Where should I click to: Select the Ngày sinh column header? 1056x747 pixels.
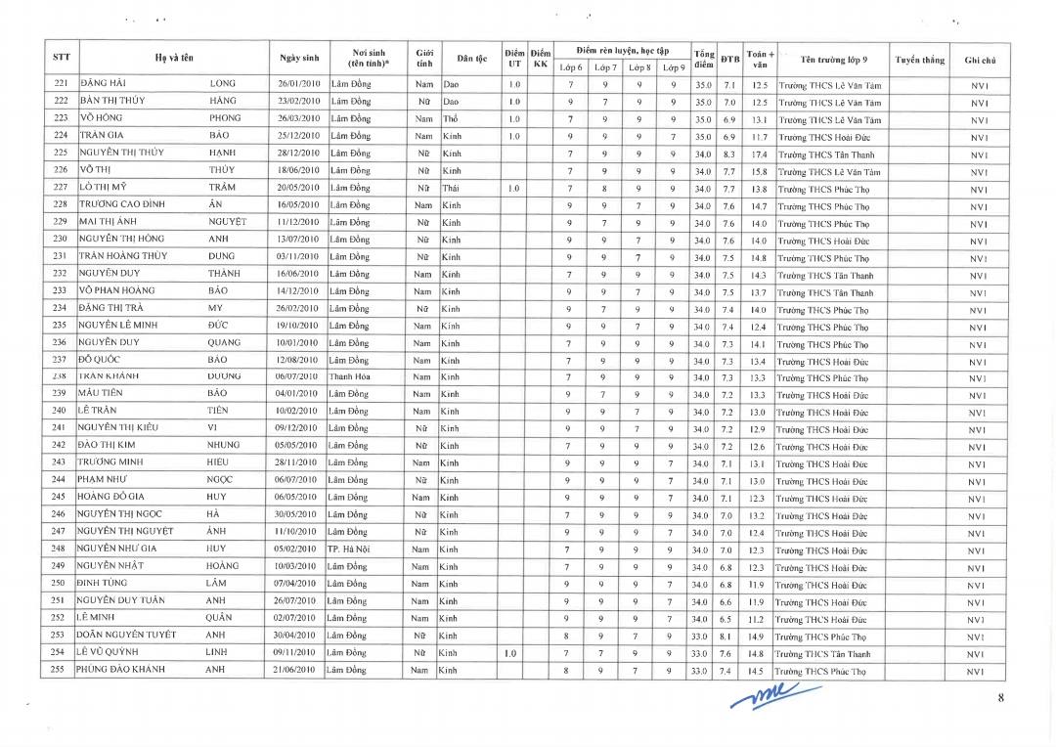pos(298,59)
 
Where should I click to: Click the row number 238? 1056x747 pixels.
pos(60,376)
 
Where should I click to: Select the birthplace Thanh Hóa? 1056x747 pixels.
pos(349,376)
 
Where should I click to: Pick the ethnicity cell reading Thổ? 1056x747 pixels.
pos(451,119)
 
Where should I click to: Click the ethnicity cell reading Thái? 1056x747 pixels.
pos(451,189)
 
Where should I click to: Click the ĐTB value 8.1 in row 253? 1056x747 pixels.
pos(727,637)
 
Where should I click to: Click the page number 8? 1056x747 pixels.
pos(1000,697)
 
